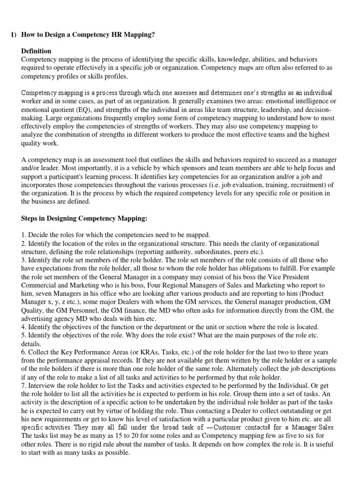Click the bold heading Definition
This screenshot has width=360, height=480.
pyautogui.click(x=36, y=51)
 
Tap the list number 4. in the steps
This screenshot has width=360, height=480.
pyautogui.click(x=25, y=327)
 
